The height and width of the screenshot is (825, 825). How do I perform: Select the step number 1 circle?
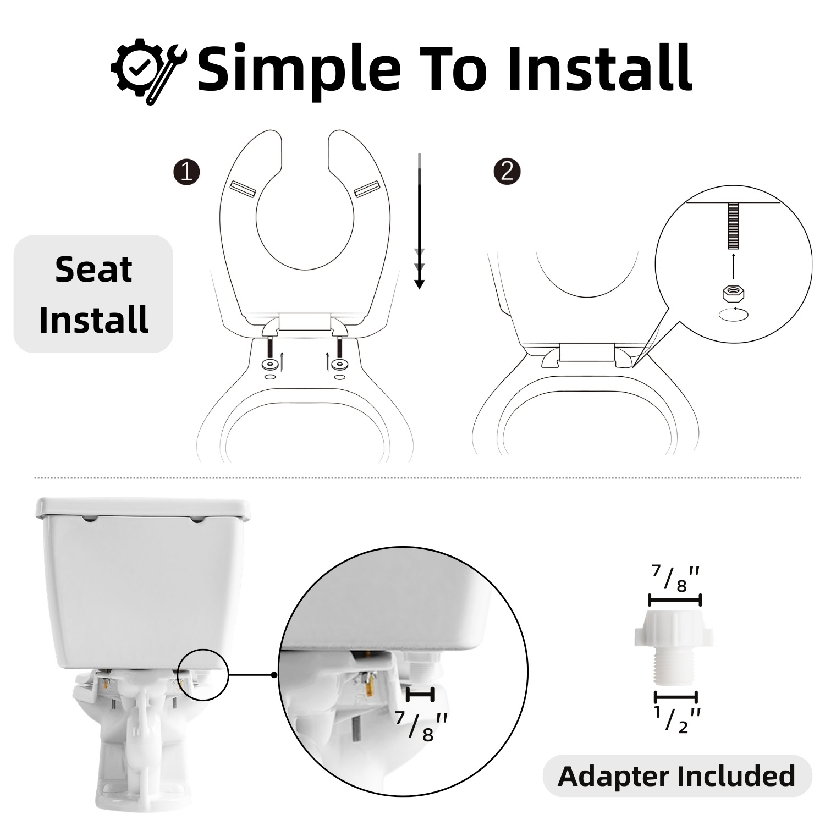pos(186,172)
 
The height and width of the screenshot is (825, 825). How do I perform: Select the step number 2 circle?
pos(507,172)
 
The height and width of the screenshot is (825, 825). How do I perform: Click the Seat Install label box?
pos(94,294)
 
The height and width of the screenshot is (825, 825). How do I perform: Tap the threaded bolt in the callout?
pos(733,226)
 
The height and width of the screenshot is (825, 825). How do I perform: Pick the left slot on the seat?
pos(243,188)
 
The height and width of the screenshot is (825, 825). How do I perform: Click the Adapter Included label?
pos(677,776)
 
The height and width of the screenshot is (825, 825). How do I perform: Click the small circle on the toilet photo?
pos(204,675)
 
